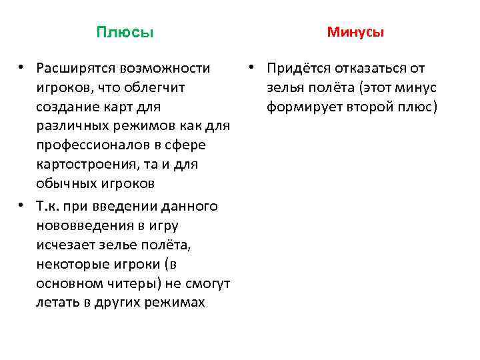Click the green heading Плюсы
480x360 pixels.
coord(125,33)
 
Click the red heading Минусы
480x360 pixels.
coord(355,32)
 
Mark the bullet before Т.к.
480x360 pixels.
coord(22,205)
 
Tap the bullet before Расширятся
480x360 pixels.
coord(22,67)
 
